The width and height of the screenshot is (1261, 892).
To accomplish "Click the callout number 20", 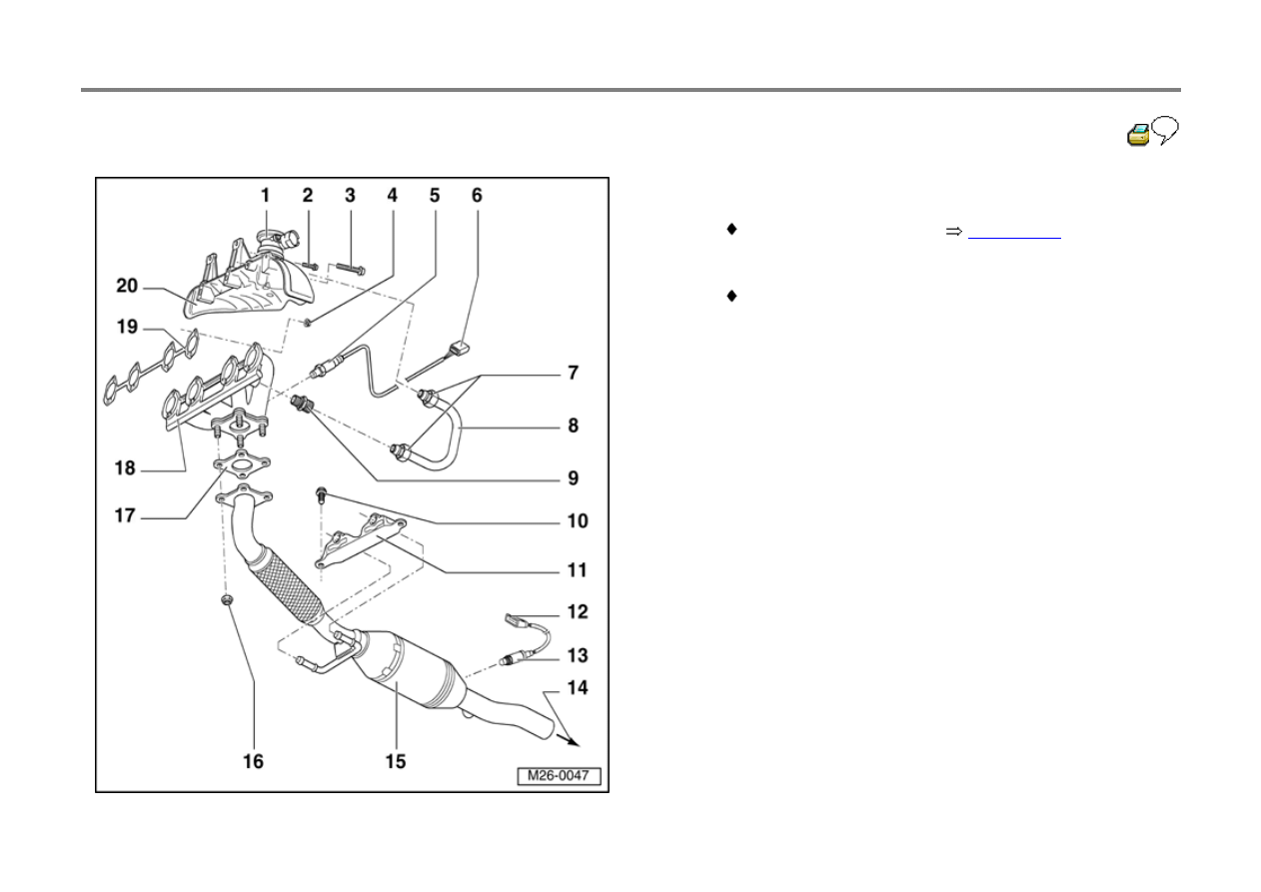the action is [x=127, y=286].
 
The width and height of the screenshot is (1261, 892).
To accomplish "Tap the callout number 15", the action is [x=396, y=761].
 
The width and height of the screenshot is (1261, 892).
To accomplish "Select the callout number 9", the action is [x=573, y=477].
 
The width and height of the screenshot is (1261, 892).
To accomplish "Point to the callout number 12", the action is [x=577, y=611].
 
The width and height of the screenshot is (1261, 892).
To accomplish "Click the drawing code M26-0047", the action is [x=559, y=775].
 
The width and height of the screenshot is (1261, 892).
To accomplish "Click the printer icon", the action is [x=1138, y=135].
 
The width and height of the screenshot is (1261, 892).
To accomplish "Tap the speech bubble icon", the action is [x=1165, y=130].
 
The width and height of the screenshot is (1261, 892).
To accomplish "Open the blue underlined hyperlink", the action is [x=1014, y=238].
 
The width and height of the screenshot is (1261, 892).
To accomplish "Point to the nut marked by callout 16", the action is [x=227, y=600].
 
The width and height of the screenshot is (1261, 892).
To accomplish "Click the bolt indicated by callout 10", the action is [x=322, y=495].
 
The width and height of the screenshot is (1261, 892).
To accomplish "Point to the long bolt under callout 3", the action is [x=351, y=269].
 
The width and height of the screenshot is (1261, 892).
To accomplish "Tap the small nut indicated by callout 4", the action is [x=308, y=323].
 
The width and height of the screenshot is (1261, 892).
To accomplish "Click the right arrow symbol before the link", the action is [x=953, y=232].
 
